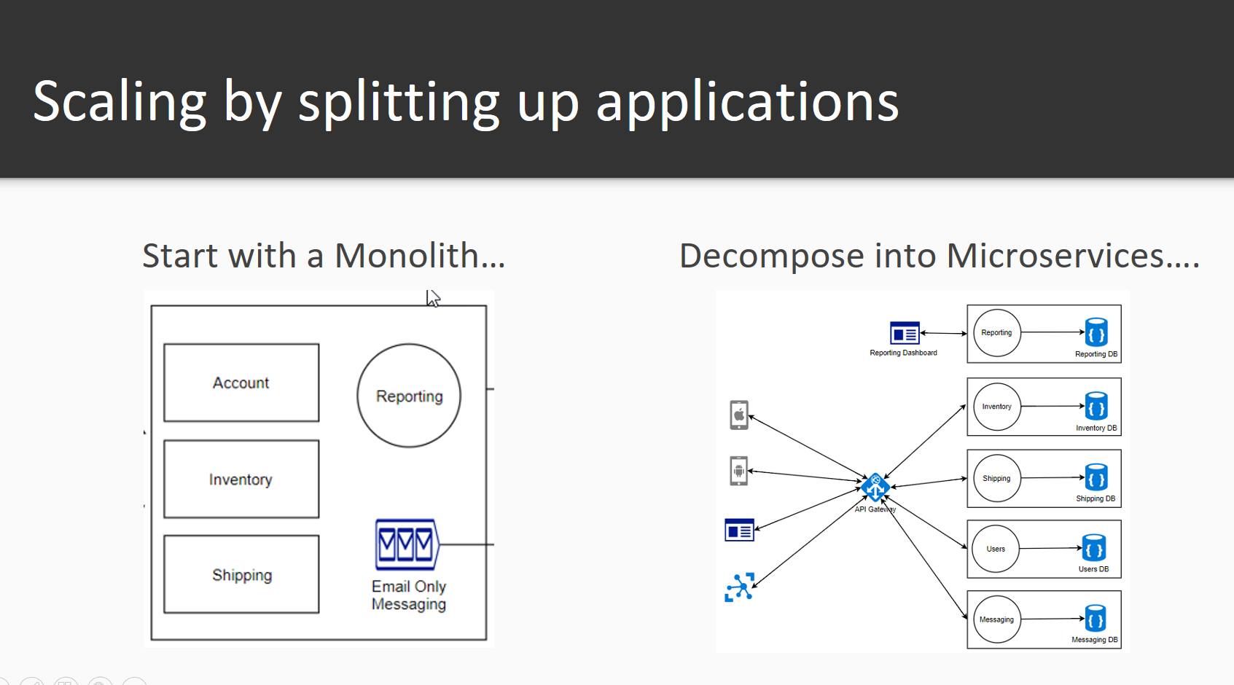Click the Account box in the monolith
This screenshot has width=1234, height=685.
[x=241, y=383]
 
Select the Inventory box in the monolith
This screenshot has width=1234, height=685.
[x=241, y=479]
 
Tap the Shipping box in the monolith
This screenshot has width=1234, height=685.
[x=241, y=574]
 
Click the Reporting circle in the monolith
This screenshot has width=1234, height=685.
[x=409, y=396]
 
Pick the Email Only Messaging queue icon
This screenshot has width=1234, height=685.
[x=407, y=544]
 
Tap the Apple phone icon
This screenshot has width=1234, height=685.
[x=739, y=415]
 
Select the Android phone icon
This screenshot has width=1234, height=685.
[x=739, y=471]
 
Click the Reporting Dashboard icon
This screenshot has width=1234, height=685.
[x=905, y=333]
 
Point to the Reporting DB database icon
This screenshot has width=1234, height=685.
[x=1096, y=332]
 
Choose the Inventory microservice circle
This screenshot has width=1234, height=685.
[x=996, y=407]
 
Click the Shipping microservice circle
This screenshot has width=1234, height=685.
[x=996, y=478]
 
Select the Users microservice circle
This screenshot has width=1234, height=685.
[x=996, y=549]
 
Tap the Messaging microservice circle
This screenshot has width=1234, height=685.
[x=996, y=619]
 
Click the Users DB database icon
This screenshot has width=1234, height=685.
[x=1094, y=548]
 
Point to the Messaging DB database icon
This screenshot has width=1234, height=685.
[x=1096, y=618]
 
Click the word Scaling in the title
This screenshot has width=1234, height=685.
[x=120, y=102]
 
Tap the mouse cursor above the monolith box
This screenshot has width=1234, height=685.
[x=433, y=298]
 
